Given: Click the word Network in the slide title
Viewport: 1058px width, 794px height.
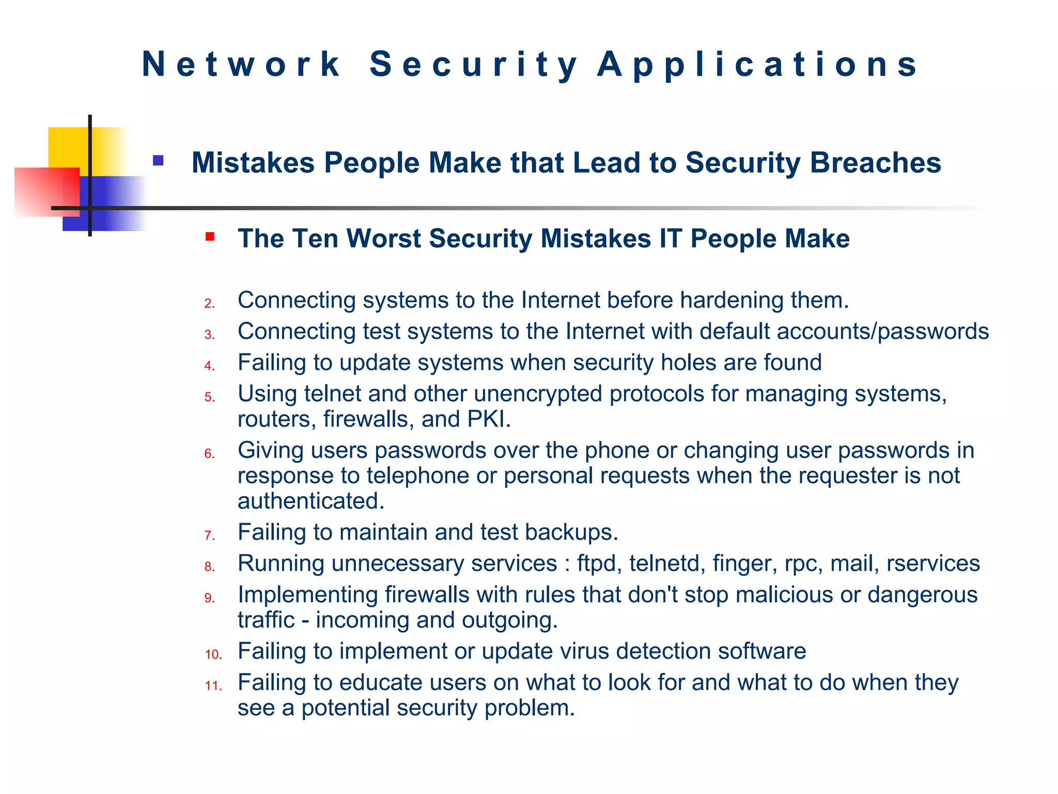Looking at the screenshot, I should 241,65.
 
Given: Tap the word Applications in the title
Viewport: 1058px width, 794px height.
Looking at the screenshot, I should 757,65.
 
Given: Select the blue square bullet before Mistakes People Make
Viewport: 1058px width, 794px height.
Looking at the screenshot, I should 158,161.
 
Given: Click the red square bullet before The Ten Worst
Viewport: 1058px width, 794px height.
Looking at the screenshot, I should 210,237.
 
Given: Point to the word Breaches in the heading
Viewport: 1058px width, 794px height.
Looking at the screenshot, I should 875,163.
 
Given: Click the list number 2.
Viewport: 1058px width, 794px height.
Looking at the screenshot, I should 209,303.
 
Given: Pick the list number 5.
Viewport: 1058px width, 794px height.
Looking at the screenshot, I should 209,397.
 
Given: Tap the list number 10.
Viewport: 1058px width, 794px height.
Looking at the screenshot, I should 213,654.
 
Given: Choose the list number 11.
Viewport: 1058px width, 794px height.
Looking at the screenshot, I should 213,686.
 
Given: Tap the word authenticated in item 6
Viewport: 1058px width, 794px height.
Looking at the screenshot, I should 310,501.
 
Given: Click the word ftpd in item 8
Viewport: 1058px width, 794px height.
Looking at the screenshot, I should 599,563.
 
